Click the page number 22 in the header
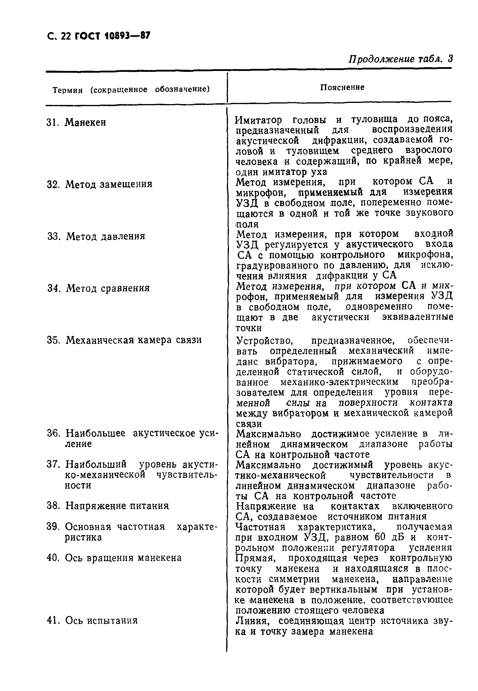click(x=65, y=36)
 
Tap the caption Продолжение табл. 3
click(x=400, y=59)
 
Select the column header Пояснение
click(x=342, y=87)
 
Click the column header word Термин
click(x=67, y=90)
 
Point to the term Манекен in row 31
click(x=85, y=123)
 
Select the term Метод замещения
click(x=109, y=184)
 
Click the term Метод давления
click(x=106, y=236)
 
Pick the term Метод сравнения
click(x=108, y=288)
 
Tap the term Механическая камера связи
click(x=134, y=340)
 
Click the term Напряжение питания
click(x=117, y=506)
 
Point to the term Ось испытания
click(x=101, y=620)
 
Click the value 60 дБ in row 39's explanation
click(x=389, y=537)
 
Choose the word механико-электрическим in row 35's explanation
click(x=339, y=383)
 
